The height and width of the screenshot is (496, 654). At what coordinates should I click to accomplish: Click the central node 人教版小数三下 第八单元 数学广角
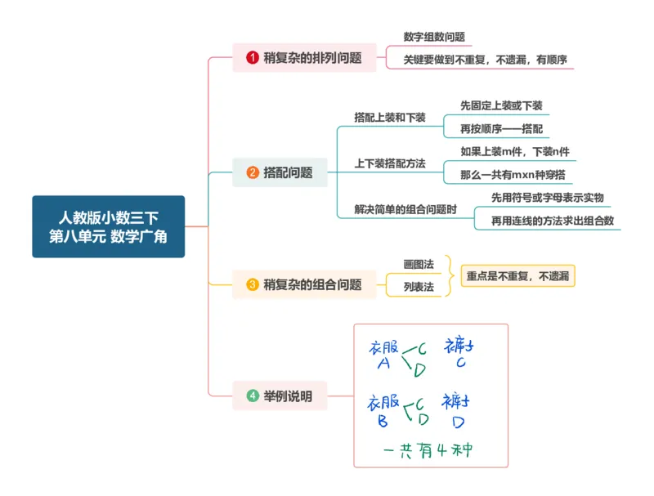pos(108,226)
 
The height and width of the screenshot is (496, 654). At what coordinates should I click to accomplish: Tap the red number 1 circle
pos(253,57)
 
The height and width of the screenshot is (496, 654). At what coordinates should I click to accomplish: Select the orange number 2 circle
pos(253,172)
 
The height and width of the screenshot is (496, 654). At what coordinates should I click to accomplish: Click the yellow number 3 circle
pos(253,284)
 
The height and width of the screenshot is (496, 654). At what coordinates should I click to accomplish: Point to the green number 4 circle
pos(253,396)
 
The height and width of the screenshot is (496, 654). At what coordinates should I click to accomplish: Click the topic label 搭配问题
pos(288,172)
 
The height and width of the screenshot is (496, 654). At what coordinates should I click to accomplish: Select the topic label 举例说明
pos(288,396)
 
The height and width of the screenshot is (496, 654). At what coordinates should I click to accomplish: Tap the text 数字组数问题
pos(434,37)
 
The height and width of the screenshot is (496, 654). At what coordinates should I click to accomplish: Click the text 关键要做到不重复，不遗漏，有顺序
pos(486,59)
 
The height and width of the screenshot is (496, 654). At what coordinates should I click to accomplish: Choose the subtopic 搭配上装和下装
pos(389,118)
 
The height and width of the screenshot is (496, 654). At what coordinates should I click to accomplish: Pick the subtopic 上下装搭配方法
pos(389,163)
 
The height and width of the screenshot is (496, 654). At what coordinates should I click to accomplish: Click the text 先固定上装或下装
pos(501,106)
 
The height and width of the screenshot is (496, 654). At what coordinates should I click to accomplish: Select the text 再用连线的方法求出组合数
pos(553,220)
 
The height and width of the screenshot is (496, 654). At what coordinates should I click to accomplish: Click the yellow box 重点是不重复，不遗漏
pos(517,276)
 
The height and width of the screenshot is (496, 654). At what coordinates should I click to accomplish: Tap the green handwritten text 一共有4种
pos(428,449)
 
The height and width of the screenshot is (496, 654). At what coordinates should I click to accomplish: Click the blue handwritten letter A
pos(384,364)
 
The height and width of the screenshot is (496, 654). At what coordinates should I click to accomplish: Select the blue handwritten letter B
pos(383,422)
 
